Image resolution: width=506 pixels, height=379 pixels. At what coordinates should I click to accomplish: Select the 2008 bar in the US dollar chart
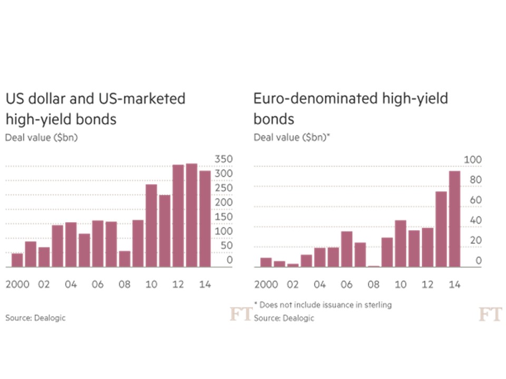(x=124, y=258)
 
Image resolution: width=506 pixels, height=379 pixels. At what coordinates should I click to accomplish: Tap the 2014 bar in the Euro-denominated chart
(x=454, y=218)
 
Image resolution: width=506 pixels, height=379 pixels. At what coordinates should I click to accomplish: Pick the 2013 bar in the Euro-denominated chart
(x=441, y=229)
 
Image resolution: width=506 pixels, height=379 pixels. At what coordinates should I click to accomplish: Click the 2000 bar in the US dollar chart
(x=17, y=260)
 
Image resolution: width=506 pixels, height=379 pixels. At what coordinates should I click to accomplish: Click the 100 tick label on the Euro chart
(x=472, y=159)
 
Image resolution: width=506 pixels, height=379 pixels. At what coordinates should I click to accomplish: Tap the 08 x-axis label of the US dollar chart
(x=124, y=284)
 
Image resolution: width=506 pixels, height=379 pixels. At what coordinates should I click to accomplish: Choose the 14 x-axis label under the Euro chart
(x=454, y=284)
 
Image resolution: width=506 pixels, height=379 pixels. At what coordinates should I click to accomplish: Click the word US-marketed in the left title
(x=148, y=98)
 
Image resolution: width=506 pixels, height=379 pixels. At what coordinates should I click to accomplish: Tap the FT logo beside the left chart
(x=240, y=315)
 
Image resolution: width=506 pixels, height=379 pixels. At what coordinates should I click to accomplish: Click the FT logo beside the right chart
(x=489, y=315)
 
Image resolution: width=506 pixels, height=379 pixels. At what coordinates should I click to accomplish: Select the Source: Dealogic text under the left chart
(x=35, y=318)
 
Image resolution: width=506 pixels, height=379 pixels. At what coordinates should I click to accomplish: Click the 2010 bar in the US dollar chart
(x=151, y=225)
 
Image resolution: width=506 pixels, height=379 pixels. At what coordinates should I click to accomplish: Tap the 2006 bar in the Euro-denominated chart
(x=347, y=249)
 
